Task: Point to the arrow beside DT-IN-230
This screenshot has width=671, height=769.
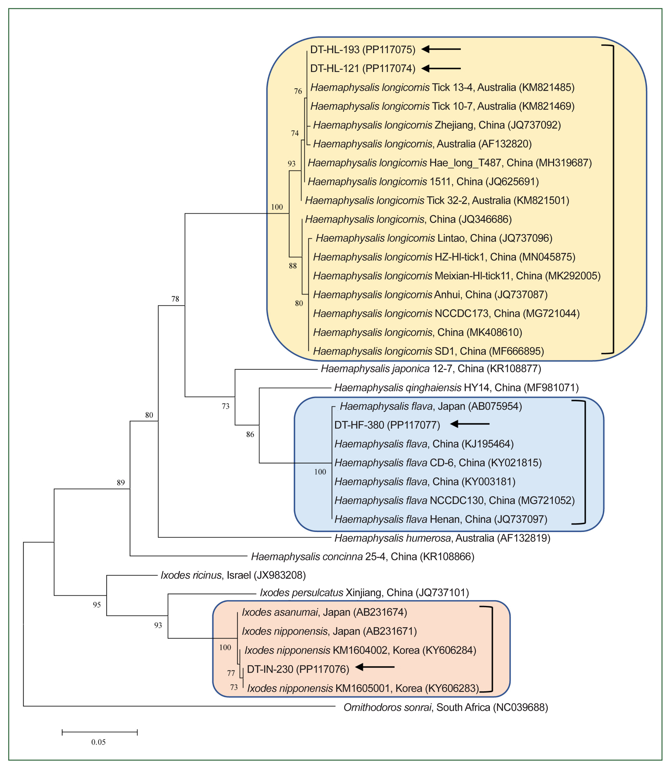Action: click(374, 667)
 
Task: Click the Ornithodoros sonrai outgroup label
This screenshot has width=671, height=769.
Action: click(446, 707)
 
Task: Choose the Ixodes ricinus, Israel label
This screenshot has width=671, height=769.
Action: click(233, 575)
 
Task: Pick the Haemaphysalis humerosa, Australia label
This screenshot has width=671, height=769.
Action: click(442, 538)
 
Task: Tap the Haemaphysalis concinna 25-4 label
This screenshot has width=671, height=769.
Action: click(363, 557)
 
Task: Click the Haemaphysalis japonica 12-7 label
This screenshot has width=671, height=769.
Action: click(431, 369)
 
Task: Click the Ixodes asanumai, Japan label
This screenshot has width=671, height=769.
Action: click(324, 612)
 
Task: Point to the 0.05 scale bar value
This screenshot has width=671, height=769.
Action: click(99, 742)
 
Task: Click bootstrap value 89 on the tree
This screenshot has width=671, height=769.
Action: click(120, 483)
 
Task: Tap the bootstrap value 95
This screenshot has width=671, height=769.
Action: click(97, 605)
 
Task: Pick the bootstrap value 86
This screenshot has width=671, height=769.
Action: click(250, 434)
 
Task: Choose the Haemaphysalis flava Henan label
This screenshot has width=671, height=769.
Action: click(441, 519)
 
